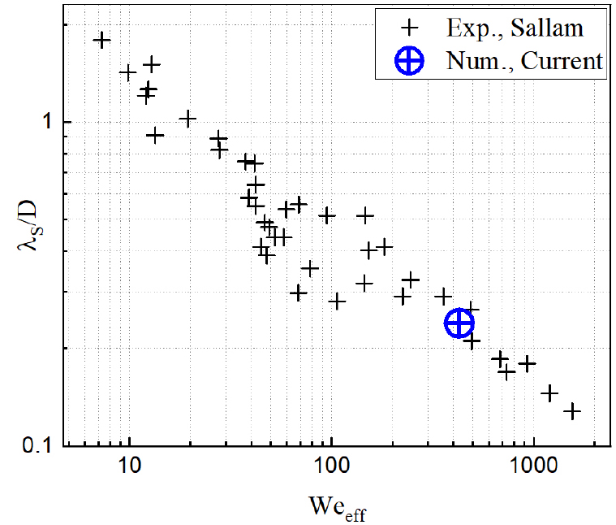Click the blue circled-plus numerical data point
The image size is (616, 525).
click(459, 323)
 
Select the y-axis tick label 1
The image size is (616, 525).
click(46, 123)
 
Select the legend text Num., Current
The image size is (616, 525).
click(524, 61)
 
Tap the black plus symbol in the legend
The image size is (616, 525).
click(411, 28)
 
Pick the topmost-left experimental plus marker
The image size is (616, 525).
click(102, 40)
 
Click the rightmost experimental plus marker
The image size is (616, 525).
click(572, 411)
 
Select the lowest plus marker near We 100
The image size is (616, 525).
click(337, 302)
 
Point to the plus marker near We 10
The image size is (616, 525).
click(127, 72)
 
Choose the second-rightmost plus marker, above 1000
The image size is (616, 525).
click(549, 393)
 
